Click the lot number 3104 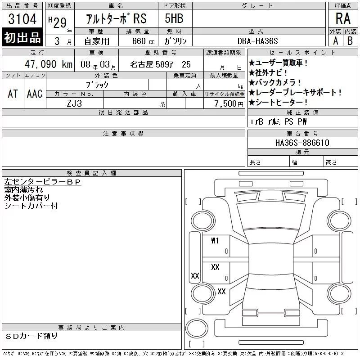coord(22,18)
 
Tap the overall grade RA coord(343,18)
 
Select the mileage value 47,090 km coord(49,64)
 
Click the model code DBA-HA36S coord(257,41)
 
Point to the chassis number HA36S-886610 coord(302,143)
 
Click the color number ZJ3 coord(74,103)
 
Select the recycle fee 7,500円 coord(229,103)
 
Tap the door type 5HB coord(174,18)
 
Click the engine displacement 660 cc coord(143,41)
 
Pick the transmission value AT coord(13,94)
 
